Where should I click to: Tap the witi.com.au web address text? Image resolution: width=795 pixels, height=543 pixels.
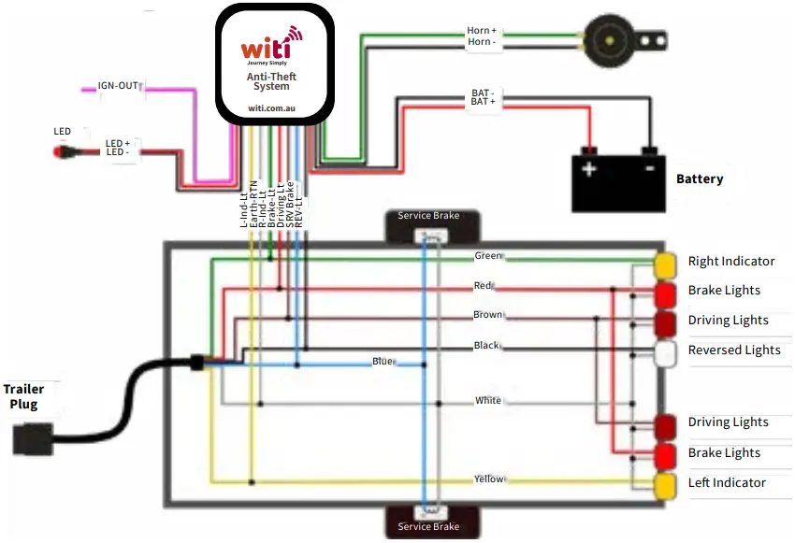(x=273, y=108)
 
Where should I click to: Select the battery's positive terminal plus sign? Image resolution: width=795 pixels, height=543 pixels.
(x=589, y=169)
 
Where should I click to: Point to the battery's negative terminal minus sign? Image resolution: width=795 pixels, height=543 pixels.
(x=648, y=169)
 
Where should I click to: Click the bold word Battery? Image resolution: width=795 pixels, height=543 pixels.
(x=700, y=179)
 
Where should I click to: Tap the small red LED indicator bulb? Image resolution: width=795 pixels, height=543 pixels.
(x=64, y=150)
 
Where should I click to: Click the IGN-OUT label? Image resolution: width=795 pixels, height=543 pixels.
(x=118, y=86)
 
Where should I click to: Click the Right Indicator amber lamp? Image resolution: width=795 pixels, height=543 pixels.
(x=665, y=264)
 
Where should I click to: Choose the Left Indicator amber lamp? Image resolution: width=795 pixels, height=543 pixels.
(x=665, y=485)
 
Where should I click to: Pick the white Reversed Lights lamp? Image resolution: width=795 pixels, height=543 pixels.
(x=665, y=353)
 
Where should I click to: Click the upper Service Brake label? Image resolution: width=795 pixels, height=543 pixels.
(x=428, y=216)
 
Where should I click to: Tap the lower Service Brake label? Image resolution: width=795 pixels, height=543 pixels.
(x=428, y=526)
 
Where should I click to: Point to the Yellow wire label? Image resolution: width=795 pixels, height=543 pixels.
(x=489, y=479)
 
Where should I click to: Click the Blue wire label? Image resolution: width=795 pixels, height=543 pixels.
(x=382, y=362)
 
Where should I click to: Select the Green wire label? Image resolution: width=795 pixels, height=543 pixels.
(x=488, y=256)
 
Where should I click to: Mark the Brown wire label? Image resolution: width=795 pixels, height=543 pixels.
(x=487, y=316)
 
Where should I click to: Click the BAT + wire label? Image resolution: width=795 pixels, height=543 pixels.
(x=484, y=102)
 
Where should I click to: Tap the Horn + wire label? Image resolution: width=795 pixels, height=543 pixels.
(x=482, y=31)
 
